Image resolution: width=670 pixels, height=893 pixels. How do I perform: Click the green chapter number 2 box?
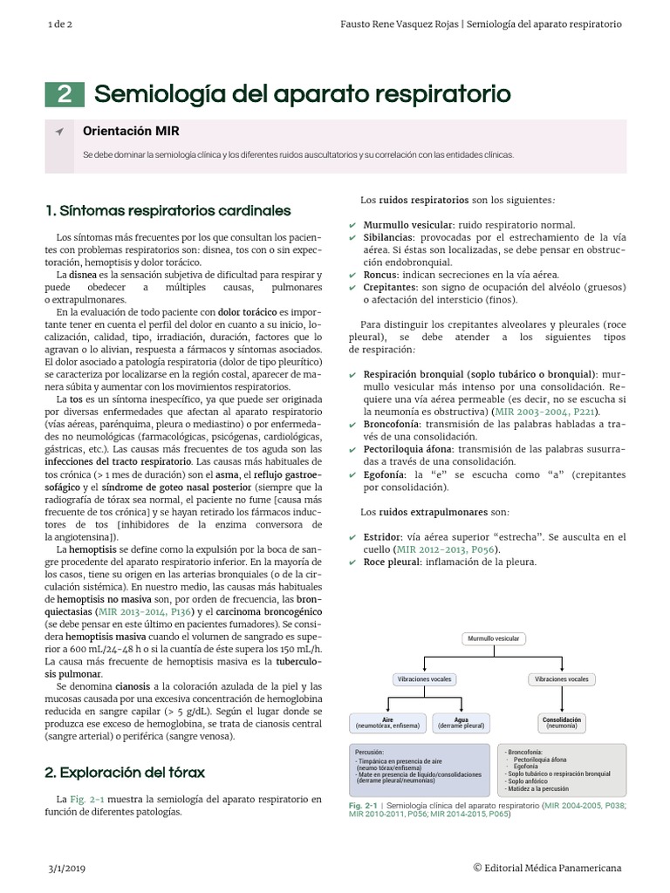click(65, 94)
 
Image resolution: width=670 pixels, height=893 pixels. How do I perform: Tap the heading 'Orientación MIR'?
click(131, 131)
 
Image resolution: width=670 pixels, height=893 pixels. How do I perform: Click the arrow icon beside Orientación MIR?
click(58, 132)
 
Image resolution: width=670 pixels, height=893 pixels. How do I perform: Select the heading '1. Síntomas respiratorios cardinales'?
click(167, 211)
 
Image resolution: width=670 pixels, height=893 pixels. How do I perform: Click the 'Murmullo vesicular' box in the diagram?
click(493, 638)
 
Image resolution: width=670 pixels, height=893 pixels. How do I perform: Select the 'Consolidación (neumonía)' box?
click(562, 723)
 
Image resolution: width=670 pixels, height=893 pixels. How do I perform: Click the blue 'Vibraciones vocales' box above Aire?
click(425, 678)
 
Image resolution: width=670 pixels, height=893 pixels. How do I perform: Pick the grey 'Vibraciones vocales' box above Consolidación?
click(562, 678)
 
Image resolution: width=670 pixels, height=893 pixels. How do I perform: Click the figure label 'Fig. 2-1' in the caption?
click(362, 805)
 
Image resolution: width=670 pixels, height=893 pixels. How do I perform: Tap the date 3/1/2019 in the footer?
click(66, 868)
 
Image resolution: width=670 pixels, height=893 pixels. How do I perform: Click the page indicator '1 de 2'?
click(60, 24)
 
